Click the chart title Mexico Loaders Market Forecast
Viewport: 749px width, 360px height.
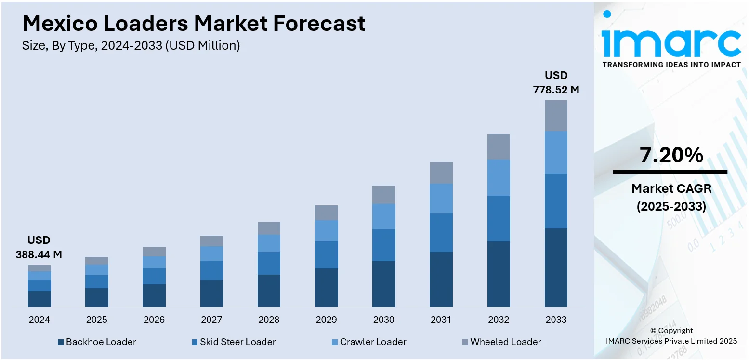point(194,23)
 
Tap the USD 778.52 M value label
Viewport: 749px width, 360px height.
point(556,82)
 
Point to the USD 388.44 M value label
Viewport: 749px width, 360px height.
point(39,247)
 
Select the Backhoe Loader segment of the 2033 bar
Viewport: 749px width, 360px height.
point(556,267)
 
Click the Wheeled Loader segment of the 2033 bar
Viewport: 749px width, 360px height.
point(556,116)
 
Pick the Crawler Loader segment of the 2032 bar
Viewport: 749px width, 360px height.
point(499,177)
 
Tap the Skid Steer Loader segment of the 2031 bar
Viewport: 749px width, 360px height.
point(441,233)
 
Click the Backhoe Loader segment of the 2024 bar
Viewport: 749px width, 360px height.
point(39,299)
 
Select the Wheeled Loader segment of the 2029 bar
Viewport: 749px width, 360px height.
point(326,213)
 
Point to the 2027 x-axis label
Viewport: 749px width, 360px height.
point(211,320)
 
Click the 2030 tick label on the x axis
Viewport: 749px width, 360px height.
point(383,320)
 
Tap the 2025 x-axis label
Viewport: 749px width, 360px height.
point(96,320)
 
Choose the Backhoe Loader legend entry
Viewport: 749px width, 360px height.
point(96,342)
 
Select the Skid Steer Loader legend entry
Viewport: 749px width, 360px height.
point(233,342)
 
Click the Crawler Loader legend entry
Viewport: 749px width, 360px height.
point(368,342)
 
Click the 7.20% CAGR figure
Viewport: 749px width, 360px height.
point(671,155)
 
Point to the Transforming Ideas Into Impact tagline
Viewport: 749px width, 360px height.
point(671,65)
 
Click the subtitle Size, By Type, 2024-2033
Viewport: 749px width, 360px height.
point(131,46)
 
